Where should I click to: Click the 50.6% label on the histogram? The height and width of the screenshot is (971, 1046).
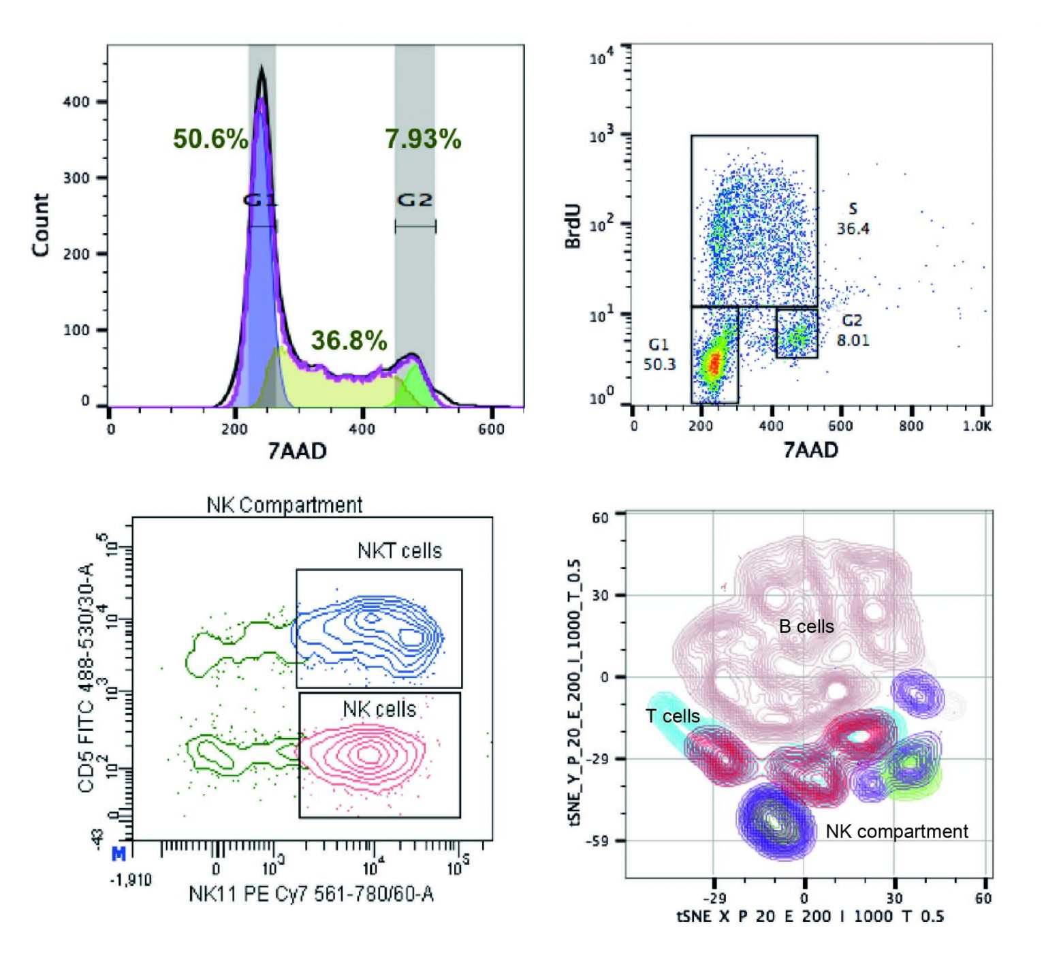click(210, 139)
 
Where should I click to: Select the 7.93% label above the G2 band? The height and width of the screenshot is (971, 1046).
click(423, 139)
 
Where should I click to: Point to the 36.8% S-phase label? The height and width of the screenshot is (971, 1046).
click(349, 340)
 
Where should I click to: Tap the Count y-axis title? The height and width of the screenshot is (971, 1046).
click(41, 225)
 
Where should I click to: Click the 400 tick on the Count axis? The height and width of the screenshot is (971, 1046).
click(76, 102)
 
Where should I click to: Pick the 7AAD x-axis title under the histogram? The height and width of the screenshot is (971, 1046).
click(297, 451)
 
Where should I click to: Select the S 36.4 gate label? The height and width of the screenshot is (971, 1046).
click(853, 219)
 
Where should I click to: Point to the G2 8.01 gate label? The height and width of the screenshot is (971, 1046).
click(853, 330)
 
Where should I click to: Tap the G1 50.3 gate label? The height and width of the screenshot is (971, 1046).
click(659, 354)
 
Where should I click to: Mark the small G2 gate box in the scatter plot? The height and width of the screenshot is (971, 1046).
click(797, 333)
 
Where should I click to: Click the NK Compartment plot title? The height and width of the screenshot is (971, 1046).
click(284, 505)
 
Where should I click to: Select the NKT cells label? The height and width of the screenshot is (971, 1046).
click(399, 551)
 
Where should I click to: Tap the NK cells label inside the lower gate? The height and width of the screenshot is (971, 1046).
click(379, 709)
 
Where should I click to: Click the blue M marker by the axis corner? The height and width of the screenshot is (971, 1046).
click(118, 854)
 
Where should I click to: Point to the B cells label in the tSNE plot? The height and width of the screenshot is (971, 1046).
click(806, 627)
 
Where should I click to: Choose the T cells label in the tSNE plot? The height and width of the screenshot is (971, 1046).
click(672, 716)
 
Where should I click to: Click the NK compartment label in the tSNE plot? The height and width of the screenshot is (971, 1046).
click(896, 831)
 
